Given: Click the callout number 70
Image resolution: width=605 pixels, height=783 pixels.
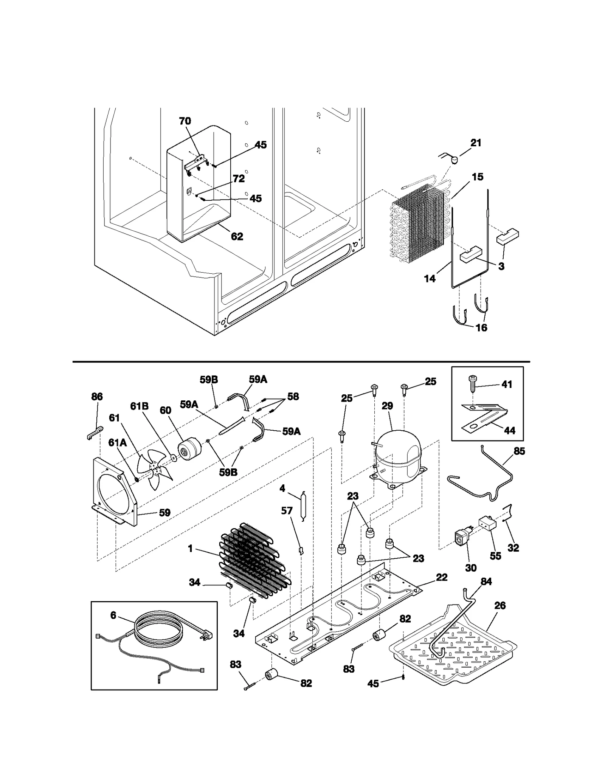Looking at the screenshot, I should point(185,121).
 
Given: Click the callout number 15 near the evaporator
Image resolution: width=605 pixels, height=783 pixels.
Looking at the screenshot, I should point(478,177).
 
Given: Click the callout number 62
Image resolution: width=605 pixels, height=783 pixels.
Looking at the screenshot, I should point(237,237).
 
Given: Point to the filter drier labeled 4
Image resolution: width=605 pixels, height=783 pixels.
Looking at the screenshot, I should point(301,506).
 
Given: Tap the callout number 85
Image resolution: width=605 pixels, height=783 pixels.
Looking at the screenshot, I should point(520,451).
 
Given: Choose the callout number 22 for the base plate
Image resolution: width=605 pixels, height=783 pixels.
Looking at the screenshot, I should point(441,577).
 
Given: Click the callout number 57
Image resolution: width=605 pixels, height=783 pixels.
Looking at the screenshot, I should point(287,511).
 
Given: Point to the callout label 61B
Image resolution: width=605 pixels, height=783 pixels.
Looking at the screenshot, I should point(139,406).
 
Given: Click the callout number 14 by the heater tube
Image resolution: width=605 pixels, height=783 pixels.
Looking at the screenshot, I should point(430,279).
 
